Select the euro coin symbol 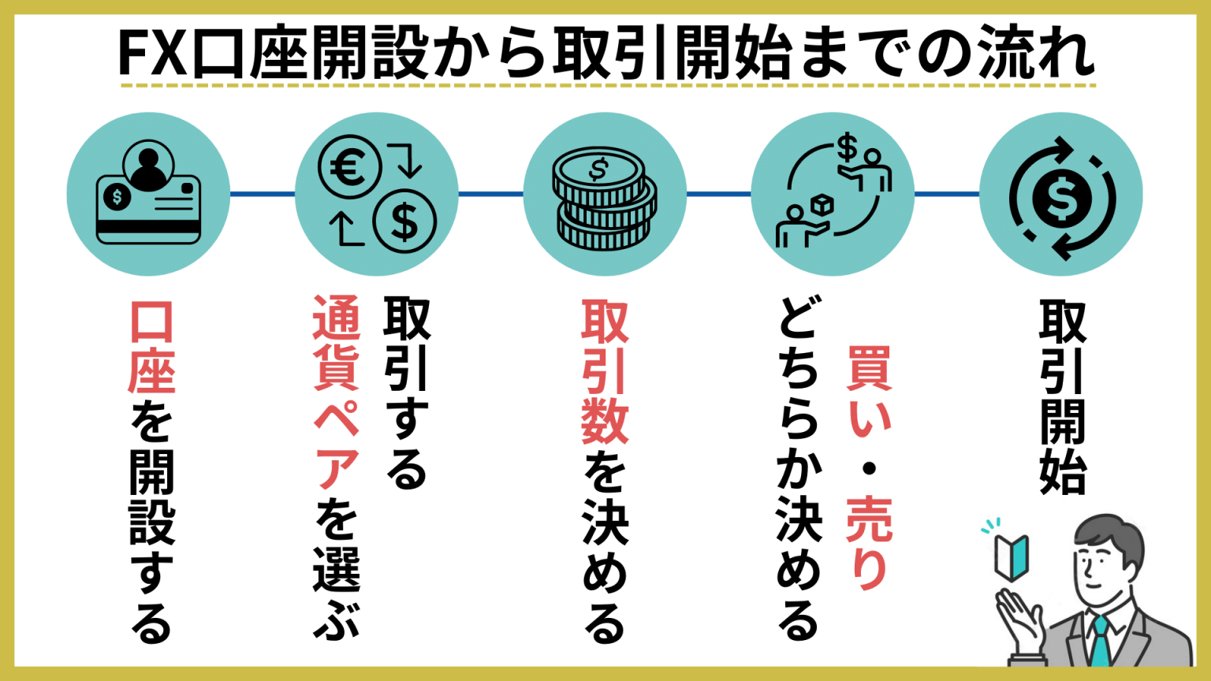coord(349,167)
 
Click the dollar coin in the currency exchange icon coord(404,221)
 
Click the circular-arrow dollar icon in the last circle coord(1061,197)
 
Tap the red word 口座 coord(151,348)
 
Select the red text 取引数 coord(605,371)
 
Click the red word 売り coord(869,543)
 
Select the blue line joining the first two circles coord(263,194)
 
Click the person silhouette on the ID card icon coord(149,165)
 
